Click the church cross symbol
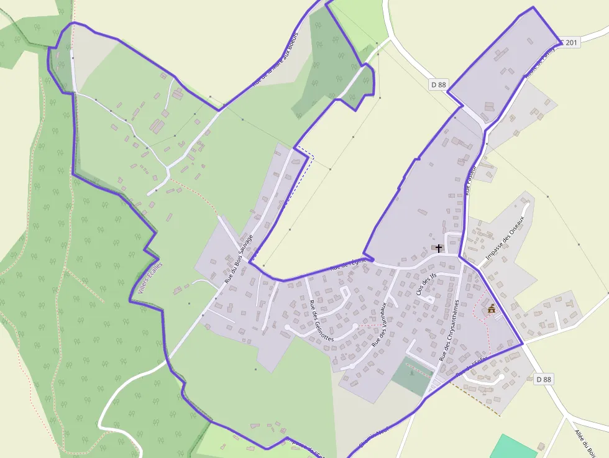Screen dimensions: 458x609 click(x=439, y=248)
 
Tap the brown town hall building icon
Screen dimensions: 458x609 click(x=492, y=308)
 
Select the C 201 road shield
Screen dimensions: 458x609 click(x=569, y=43)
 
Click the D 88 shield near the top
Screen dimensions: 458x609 click(x=438, y=85)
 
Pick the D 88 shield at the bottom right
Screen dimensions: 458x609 click(x=543, y=379)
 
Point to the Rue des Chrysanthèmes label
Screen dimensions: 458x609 click(x=449, y=330)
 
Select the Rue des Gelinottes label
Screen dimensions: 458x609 click(x=321, y=321)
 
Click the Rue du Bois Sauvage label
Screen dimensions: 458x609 click(x=239, y=260)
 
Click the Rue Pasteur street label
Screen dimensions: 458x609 click(x=470, y=180)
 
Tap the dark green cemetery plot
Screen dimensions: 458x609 click(x=411, y=375)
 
